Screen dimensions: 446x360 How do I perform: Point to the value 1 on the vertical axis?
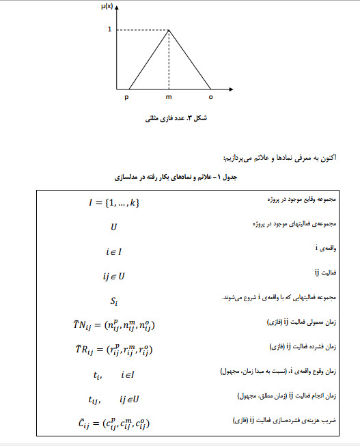[x=109, y=30]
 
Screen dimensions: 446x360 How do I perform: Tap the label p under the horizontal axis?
[x=126, y=97]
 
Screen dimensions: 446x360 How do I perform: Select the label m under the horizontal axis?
[x=169, y=97]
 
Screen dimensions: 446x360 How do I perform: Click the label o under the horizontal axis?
[x=210, y=97]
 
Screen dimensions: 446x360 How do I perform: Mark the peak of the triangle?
[x=169, y=30]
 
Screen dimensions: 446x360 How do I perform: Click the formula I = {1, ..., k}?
[x=113, y=203]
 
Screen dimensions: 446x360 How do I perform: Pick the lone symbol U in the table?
[x=113, y=227]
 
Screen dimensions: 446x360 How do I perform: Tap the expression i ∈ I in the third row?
[x=113, y=251]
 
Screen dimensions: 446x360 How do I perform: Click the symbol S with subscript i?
[x=113, y=300]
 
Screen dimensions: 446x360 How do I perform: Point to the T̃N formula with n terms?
[x=113, y=325]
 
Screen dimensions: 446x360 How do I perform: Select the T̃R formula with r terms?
[x=113, y=350]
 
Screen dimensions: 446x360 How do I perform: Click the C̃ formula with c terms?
[x=113, y=424]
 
